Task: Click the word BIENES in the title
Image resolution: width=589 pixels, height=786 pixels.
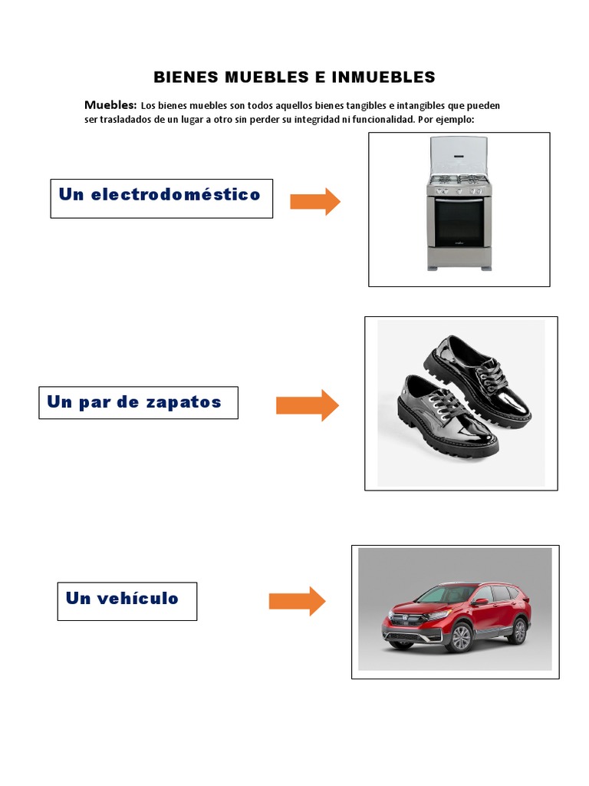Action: coord(186,78)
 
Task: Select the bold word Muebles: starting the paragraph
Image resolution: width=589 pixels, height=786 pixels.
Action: coord(110,104)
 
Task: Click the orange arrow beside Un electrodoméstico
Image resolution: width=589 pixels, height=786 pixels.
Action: coord(315,201)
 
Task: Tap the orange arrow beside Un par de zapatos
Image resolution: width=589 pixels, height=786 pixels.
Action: coord(307,405)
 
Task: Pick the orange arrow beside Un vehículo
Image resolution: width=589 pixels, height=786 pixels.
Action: coord(297,601)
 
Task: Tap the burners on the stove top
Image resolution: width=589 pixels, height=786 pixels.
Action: coord(459,181)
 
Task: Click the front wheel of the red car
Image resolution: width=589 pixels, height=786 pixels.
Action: coord(459,638)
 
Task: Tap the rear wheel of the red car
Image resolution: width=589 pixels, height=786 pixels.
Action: coord(519,631)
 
